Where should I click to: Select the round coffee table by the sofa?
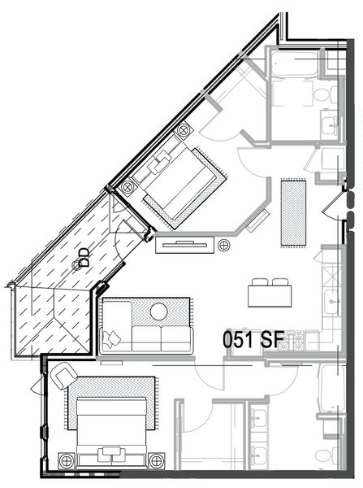pyautogui.click(x=159, y=311)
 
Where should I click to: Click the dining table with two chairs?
pyautogui.click(x=270, y=293)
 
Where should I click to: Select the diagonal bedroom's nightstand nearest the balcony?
pyautogui.click(x=127, y=187)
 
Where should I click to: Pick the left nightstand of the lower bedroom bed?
pyautogui.click(x=67, y=460)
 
